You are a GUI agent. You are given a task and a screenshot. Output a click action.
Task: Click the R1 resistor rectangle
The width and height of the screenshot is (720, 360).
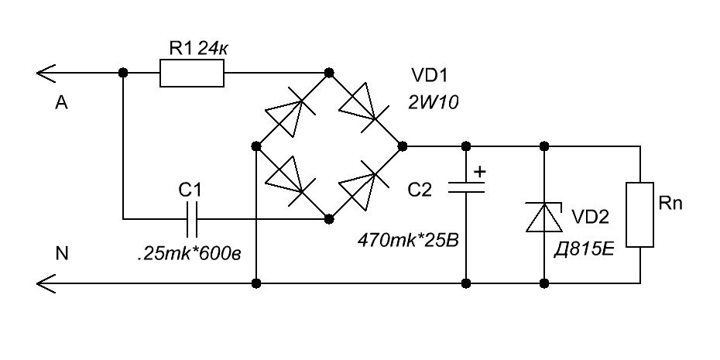click(192, 73)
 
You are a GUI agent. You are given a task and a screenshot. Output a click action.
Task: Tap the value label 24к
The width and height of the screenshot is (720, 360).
click(213, 48)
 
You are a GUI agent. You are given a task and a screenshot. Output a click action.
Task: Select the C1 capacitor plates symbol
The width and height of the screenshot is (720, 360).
click(193, 219)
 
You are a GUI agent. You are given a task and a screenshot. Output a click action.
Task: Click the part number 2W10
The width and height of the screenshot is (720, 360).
click(433, 102)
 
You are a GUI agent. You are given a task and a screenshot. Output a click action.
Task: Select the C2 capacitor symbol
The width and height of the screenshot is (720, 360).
click(465, 187)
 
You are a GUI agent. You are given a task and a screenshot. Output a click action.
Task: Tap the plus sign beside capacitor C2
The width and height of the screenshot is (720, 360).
click(479, 172)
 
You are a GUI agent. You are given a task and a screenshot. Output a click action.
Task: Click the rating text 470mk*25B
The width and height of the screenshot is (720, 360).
click(408, 240)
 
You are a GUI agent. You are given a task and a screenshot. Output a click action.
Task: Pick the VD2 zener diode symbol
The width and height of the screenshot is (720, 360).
click(544, 217)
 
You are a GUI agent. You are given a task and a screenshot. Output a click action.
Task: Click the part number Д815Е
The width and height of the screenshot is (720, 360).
click(584, 251)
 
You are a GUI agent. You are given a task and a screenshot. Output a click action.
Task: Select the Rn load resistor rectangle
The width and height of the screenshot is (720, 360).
click(639, 215)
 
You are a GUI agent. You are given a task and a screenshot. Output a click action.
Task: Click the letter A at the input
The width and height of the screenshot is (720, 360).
click(61, 103)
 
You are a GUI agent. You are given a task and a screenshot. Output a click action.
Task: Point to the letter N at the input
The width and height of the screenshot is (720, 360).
click(61, 254)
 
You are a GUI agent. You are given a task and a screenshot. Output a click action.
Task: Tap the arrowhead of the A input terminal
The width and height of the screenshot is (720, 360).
click(46, 73)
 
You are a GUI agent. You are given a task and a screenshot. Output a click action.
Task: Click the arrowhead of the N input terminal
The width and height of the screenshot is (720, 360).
click(46, 283)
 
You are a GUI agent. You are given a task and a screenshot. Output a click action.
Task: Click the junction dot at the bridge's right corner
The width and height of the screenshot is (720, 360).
click(403, 146)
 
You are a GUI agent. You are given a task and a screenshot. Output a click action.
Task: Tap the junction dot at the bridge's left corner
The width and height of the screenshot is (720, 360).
click(256, 146)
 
